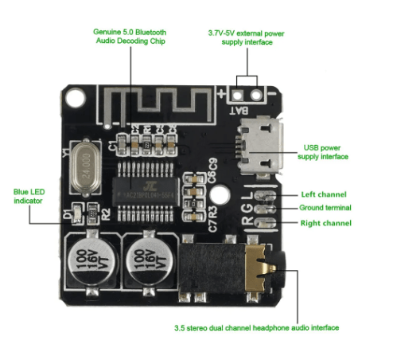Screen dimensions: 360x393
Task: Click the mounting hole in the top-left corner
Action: click(x=74, y=100)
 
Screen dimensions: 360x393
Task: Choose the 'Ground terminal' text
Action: click(x=326, y=208)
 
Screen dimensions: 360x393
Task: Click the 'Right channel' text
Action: click(x=326, y=223)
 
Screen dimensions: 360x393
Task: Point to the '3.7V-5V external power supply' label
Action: click(x=246, y=37)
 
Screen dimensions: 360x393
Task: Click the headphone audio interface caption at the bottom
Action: click(x=256, y=327)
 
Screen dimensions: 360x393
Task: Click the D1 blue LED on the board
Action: click(x=77, y=212)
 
